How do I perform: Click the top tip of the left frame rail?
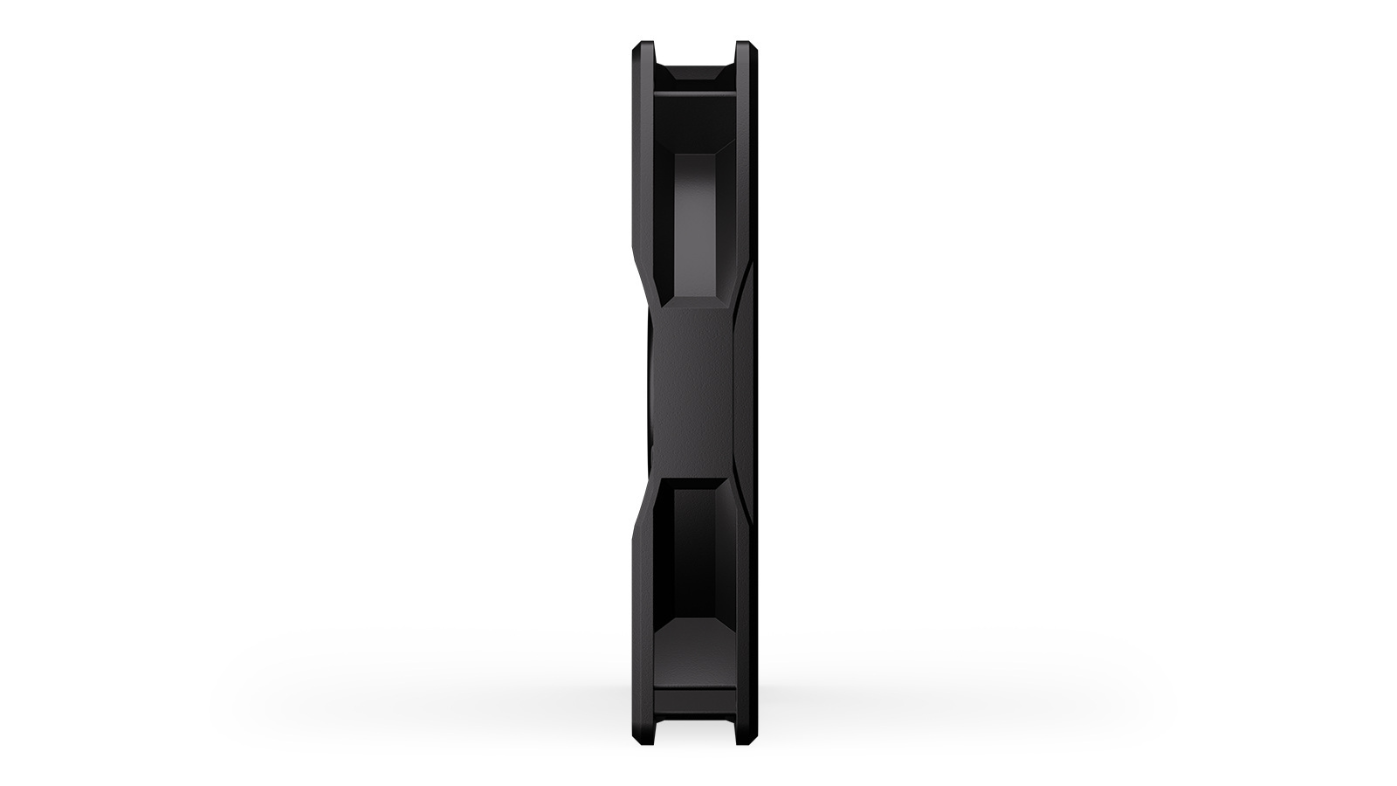(x=643, y=45)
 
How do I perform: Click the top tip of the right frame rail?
(x=744, y=45)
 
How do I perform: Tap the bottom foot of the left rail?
(x=643, y=739)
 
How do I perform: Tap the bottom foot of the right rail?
(x=744, y=739)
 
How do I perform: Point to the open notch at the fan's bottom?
(x=694, y=732)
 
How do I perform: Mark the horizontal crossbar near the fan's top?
(x=694, y=89)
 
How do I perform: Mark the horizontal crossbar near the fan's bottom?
(x=694, y=695)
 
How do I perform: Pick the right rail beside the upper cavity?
(x=745, y=175)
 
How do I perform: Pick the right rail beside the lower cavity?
(x=745, y=611)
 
